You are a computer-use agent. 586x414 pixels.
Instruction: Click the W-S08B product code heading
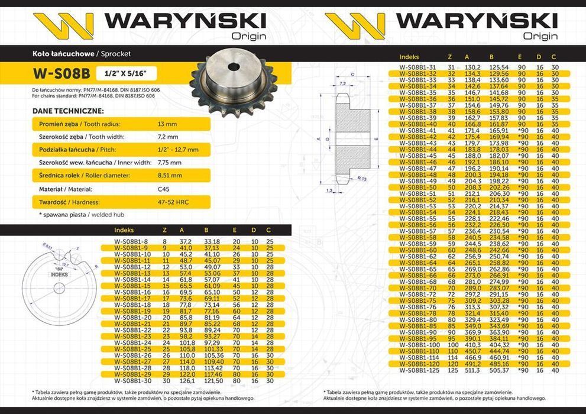click(x=61, y=74)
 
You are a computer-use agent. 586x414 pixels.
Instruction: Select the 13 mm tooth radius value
click(x=167, y=124)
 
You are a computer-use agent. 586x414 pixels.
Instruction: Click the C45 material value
click(x=164, y=189)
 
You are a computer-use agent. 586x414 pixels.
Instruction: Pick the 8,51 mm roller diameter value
click(x=170, y=176)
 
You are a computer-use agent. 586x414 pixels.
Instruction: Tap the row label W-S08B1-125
click(x=418, y=371)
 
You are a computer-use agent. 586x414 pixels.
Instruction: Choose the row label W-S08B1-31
click(x=417, y=67)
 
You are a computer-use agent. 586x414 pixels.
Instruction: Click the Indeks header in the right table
click(x=409, y=57)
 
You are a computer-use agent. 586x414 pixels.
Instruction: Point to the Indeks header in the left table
click(x=124, y=230)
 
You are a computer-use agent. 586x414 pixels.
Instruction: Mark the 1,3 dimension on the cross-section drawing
click(x=329, y=190)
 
